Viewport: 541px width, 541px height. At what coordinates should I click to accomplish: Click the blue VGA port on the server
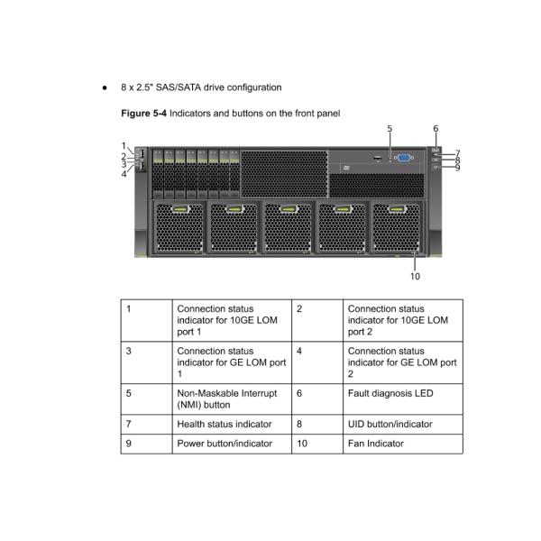pos(404,158)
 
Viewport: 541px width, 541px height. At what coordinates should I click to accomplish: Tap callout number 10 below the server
pos(415,277)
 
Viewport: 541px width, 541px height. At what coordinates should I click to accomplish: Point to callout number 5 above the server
pos(390,129)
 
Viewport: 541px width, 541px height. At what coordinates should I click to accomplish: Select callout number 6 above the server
pos(436,129)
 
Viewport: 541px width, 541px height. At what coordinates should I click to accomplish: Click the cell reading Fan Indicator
pos(403,444)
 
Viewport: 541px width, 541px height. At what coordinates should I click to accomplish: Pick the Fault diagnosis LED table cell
pos(403,399)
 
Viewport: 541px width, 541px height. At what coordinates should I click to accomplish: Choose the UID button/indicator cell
pos(403,425)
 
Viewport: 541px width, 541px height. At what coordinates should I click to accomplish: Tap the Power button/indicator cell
pos(232,444)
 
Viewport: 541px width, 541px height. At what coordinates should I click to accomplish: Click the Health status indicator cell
pos(232,425)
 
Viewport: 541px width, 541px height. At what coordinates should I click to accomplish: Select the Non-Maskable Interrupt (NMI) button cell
pos(232,399)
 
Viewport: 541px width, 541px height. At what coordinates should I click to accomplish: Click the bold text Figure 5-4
pos(143,114)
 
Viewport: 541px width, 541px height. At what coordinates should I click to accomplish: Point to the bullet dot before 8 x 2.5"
pos(105,88)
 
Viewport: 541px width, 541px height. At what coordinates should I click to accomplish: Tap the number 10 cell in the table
pos(317,444)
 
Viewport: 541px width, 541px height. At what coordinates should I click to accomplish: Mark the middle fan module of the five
pos(289,227)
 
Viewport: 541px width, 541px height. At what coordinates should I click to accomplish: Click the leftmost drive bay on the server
pos(158,174)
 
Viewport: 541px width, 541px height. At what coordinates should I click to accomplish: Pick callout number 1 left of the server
pos(124,146)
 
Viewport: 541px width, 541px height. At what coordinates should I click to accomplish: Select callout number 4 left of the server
pos(124,174)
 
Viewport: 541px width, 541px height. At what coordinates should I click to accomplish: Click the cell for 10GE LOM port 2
pos(403,320)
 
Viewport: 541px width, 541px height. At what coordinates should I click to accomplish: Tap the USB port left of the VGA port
pos(378,159)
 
